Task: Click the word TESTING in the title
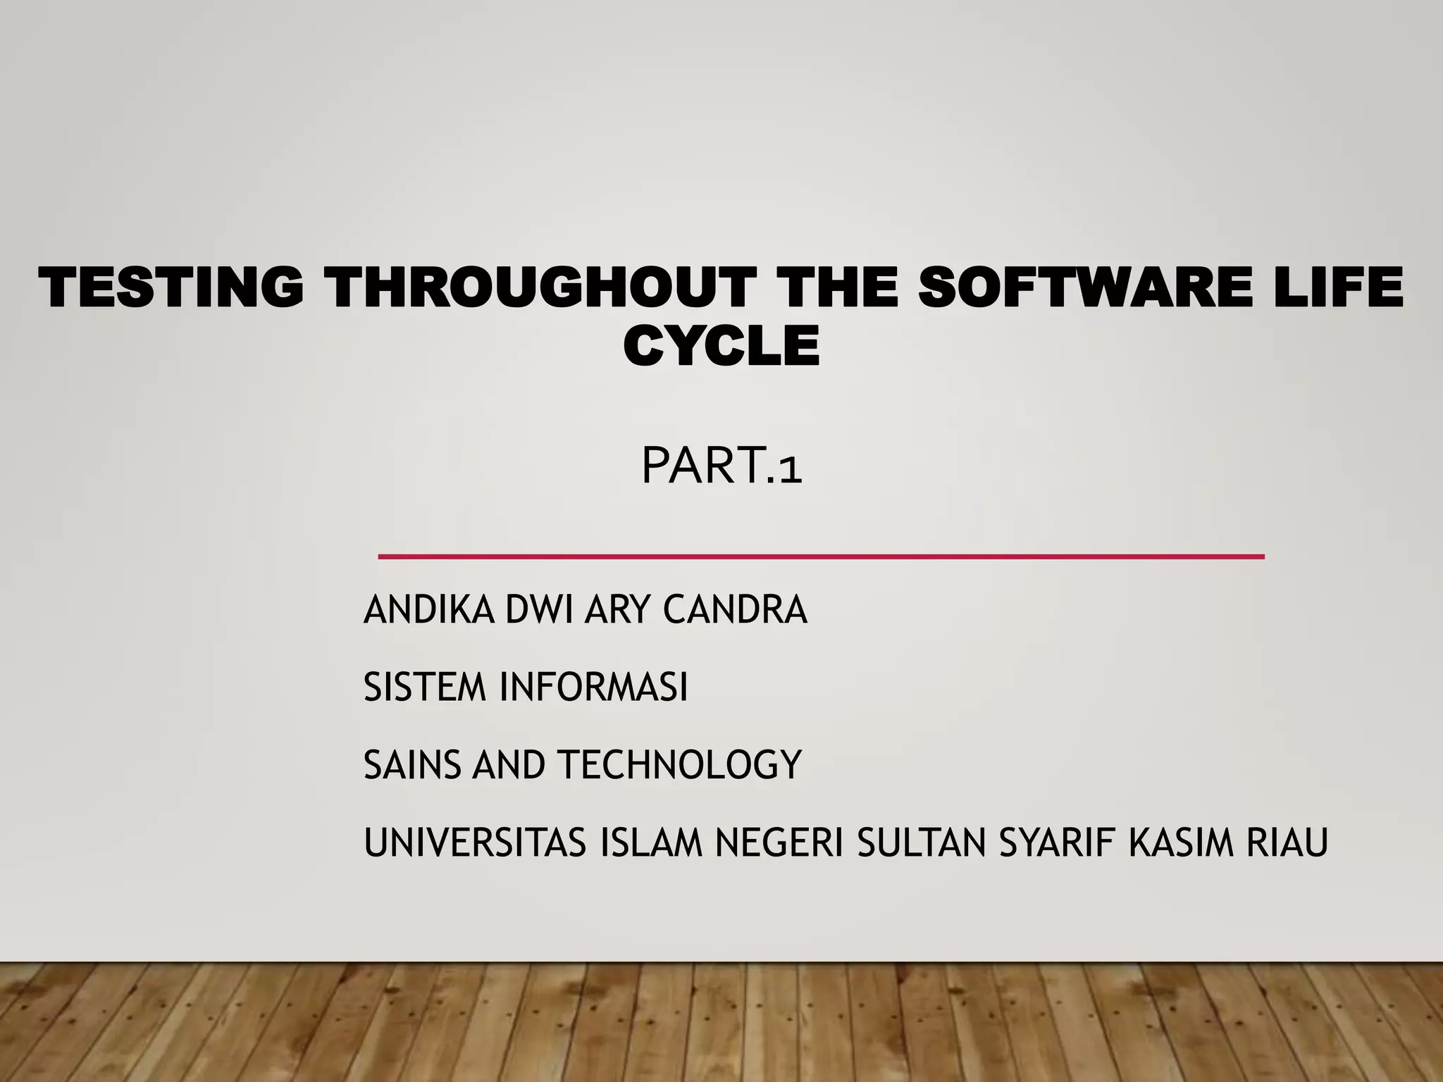point(171,287)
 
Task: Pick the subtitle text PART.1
point(721,466)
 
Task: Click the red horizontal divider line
point(821,556)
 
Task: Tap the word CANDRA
point(734,609)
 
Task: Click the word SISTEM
point(425,687)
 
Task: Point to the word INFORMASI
point(593,687)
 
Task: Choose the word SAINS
point(411,764)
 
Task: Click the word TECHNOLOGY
point(680,764)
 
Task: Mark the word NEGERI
point(779,842)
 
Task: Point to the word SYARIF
point(1057,842)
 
